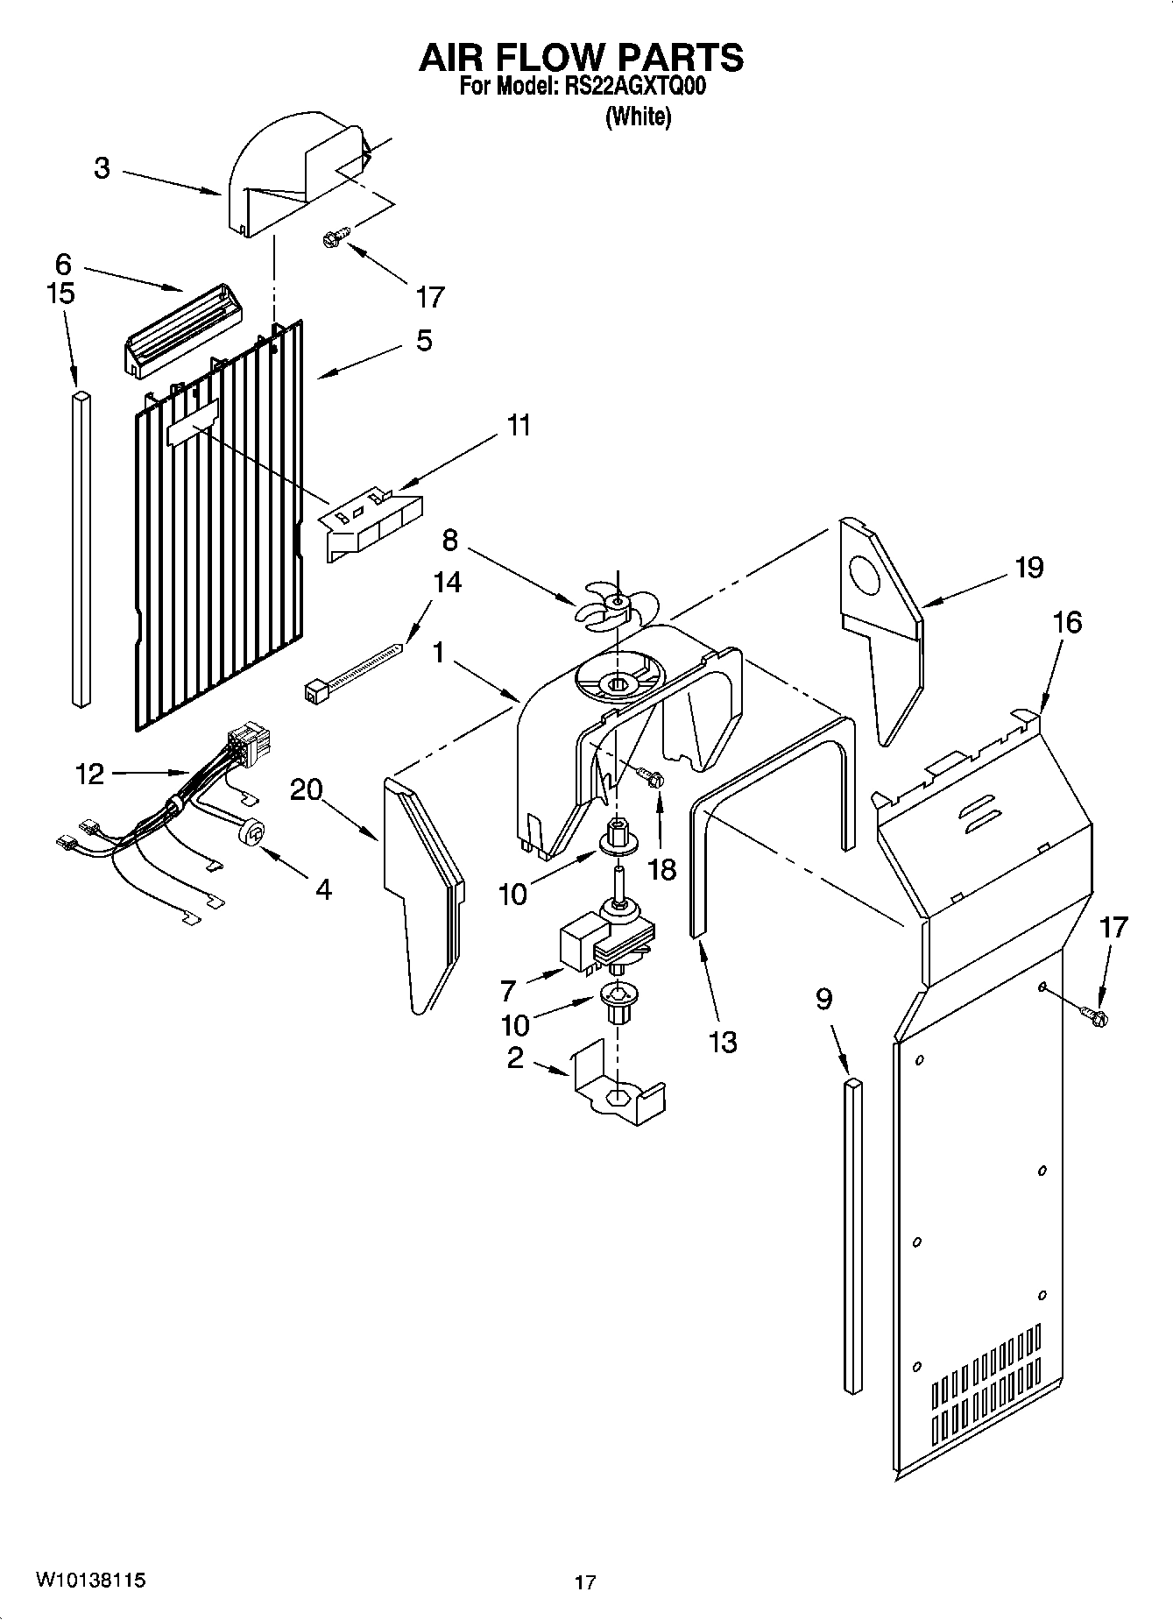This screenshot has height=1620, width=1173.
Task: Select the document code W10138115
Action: pyautogui.click(x=90, y=1581)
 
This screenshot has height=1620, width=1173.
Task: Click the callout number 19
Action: pyautogui.click(x=1029, y=568)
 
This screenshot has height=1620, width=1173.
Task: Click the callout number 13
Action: pyautogui.click(x=723, y=1042)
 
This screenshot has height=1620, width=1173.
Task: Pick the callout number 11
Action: pyautogui.click(x=519, y=426)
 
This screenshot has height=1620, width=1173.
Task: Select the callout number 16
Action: pyautogui.click(x=1067, y=622)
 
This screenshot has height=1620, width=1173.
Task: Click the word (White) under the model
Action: pyautogui.click(x=638, y=117)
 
